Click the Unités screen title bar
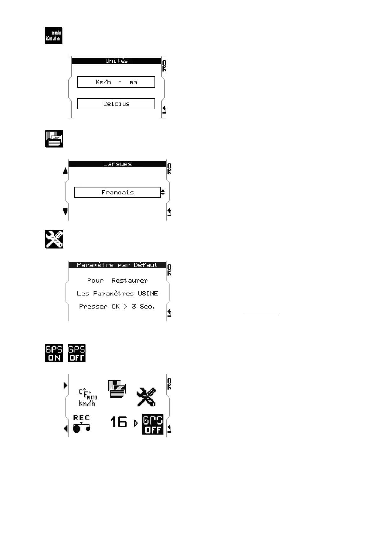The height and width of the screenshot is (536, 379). point(117,60)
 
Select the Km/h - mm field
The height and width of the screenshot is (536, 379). point(116,82)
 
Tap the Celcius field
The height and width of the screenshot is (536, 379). point(116,104)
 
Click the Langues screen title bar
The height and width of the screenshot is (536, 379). point(117,164)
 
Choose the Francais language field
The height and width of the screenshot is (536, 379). point(117,192)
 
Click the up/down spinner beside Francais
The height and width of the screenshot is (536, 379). point(163,192)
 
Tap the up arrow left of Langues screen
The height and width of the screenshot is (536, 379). point(65,171)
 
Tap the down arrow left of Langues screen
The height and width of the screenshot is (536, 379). point(65,212)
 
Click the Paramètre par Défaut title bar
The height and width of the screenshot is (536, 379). point(117,265)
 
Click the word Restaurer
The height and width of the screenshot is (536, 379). point(129,280)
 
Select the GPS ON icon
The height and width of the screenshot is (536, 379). point(54,353)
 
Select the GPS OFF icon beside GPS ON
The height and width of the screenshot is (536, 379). point(77,353)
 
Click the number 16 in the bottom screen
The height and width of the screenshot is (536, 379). point(118,422)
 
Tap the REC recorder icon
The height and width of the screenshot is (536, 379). point(82,423)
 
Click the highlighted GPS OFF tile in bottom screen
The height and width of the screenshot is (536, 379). point(153,424)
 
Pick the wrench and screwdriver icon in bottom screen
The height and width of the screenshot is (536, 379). point(146,397)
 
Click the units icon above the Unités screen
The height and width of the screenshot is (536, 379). point(54,35)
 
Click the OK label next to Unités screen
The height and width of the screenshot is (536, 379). point(164,66)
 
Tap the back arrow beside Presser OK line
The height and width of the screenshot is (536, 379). point(169,313)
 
